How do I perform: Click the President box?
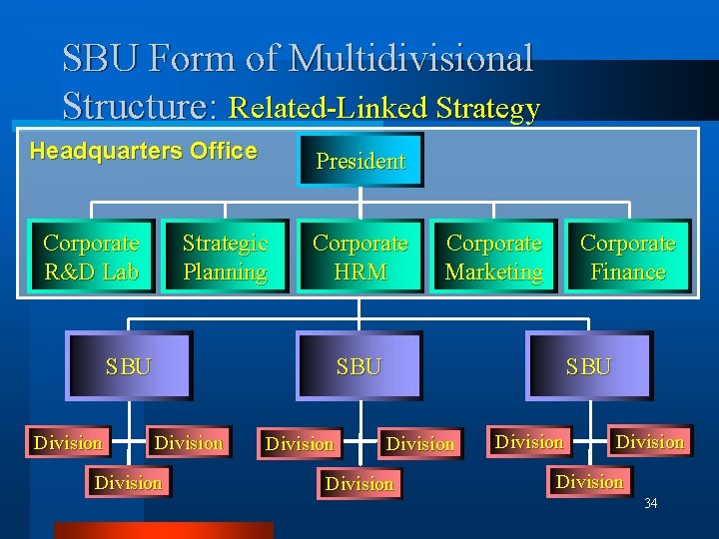click(360, 161)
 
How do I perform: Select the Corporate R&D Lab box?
click(91, 257)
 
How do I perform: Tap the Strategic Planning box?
click(225, 257)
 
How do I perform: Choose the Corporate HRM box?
click(359, 257)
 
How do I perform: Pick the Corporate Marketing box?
click(494, 257)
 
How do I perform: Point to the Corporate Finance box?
click(627, 257)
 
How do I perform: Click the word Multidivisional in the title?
click(411, 58)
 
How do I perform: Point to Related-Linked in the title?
click(329, 108)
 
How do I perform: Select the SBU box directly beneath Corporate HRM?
click(359, 365)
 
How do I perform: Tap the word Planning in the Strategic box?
click(225, 271)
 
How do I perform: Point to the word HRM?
click(359, 271)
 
